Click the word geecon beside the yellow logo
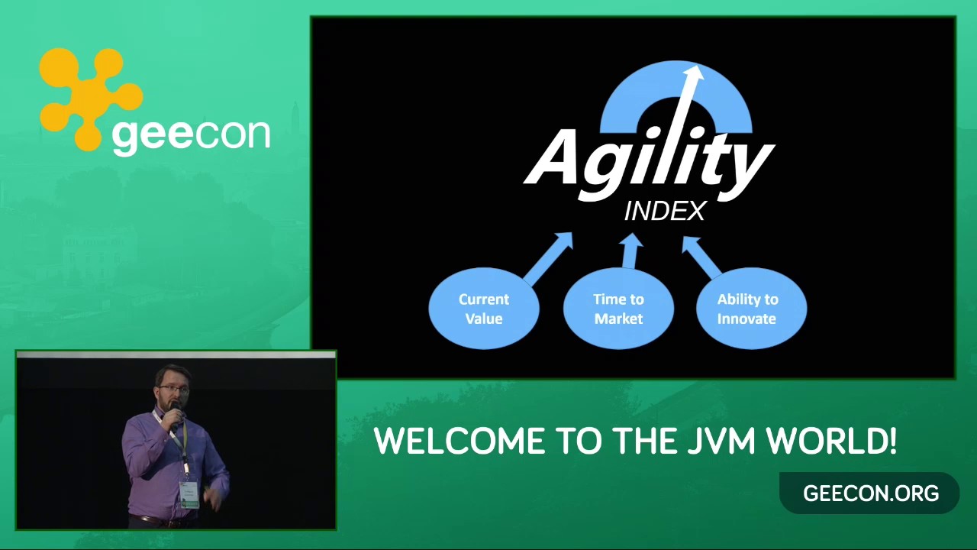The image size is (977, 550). point(191,135)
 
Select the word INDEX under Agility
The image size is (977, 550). point(665,212)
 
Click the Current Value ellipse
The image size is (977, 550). point(484,308)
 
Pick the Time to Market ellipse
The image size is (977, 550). point(618,308)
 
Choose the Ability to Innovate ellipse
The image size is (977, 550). point(751,308)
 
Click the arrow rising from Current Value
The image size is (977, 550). point(548,258)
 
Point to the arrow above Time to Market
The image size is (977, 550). point(630,251)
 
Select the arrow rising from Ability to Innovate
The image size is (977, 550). point(703,257)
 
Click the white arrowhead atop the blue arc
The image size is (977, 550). point(693,73)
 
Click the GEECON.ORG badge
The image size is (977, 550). point(869,493)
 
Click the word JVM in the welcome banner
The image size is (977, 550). point(722,441)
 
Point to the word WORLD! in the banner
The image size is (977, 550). point(832,441)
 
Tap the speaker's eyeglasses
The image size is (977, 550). point(173,389)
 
